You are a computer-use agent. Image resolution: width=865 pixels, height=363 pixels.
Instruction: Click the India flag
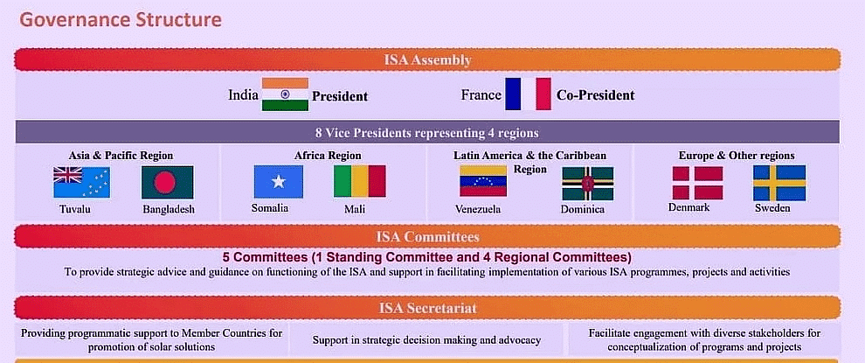tap(285, 94)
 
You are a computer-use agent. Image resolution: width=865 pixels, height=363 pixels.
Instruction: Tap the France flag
tap(528, 94)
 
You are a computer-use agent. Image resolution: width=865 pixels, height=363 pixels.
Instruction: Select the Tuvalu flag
tap(81, 182)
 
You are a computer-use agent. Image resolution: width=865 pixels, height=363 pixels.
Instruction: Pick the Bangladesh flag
tap(167, 182)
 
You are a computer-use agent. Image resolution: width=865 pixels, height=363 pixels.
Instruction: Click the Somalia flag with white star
tap(278, 181)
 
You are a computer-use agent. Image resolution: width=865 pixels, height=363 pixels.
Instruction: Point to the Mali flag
tap(360, 181)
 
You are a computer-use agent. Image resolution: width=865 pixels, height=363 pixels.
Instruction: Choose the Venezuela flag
tap(483, 181)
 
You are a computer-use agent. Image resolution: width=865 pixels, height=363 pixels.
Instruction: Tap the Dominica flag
tap(587, 184)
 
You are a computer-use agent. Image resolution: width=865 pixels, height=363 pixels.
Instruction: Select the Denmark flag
tap(697, 183)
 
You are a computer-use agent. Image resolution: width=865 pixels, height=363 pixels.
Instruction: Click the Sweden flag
tap(779, 182)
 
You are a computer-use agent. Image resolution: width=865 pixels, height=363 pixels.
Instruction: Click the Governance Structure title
tap(121, 20)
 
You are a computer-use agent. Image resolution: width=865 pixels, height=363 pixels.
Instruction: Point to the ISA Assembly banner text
tap(427, 59)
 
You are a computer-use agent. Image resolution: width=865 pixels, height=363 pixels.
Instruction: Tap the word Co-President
tap(595, 95)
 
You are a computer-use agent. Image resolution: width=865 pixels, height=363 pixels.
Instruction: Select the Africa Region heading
tap(328, 156)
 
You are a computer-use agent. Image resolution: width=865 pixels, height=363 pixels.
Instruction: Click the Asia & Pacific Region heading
tap(121, 156)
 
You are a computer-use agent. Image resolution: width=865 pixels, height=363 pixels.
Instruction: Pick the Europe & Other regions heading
tap(737, 155)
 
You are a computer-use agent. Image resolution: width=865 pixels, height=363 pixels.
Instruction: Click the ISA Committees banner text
tap(427, 237)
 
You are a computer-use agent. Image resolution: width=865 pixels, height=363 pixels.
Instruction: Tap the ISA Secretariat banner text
tap(427, 308)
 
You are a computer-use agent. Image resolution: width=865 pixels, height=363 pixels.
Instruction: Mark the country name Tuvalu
tap(76, 209)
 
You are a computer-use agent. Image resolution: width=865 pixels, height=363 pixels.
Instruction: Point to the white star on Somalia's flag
tap(278, 181)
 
